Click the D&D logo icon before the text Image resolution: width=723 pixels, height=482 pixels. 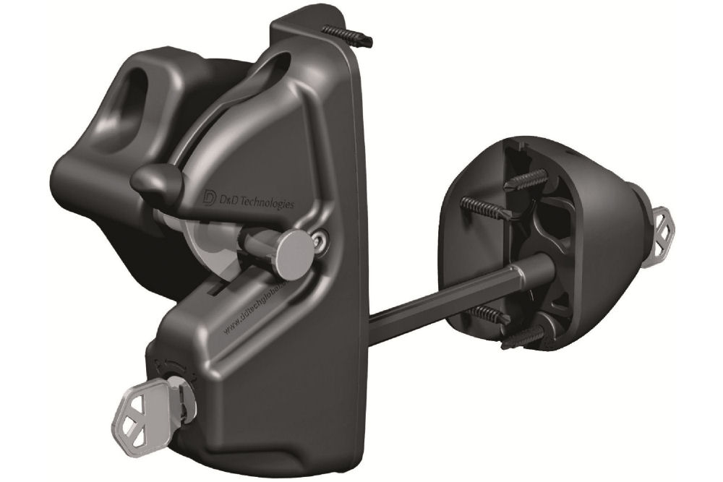click(210, 197)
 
